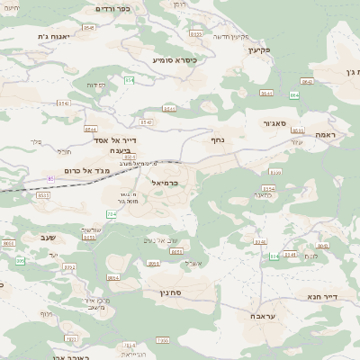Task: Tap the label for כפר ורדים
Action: pos(113,8)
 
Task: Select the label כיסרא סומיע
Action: pos(173,59)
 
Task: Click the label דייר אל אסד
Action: pos(116,139)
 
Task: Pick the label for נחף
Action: pos(217,139)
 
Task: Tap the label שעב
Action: pos(48,237)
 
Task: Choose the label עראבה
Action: pos(263,316)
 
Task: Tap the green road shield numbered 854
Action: pos(130,80)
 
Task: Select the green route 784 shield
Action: pos(112,214)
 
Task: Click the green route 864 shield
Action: pos(294,94)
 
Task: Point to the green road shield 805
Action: pos(20,261)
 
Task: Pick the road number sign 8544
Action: pos(90,129)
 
